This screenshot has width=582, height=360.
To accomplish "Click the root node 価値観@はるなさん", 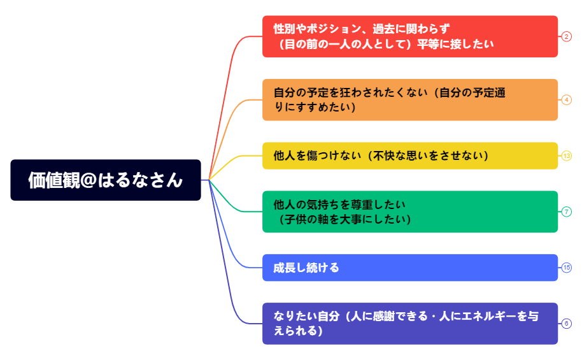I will [106, 180].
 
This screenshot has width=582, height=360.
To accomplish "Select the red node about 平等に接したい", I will [410, 36].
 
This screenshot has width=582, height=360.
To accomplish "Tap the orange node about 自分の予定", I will [410, 100].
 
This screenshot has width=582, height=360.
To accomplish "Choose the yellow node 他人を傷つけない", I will [410, 155].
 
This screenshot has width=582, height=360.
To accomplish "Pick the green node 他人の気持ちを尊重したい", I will [410, 212].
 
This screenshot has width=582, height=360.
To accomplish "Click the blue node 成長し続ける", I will [410, 268].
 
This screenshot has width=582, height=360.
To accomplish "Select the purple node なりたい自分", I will [410, 324].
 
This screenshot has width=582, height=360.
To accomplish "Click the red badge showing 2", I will [567, 36].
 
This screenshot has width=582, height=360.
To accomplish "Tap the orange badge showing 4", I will [567, 100].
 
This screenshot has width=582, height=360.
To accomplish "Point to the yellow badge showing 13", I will [567, 155].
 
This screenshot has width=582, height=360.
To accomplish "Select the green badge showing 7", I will [567, 212].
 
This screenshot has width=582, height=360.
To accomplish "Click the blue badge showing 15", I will [567, 268].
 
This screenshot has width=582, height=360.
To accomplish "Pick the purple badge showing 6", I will [567, 324].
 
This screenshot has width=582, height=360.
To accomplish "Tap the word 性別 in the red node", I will [284, 29].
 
